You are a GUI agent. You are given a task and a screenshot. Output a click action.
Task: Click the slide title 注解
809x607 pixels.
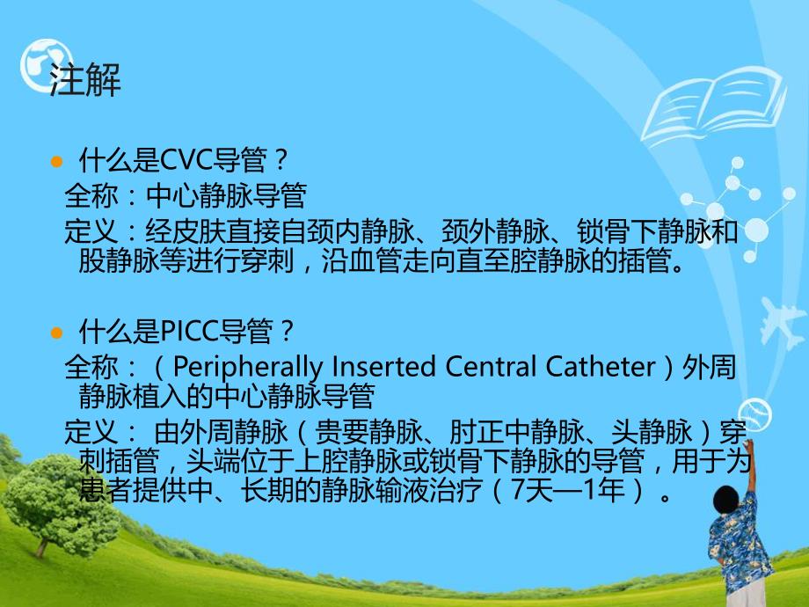click(85, 81)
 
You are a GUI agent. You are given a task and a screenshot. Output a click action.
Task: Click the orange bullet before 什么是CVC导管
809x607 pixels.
click(58, 163)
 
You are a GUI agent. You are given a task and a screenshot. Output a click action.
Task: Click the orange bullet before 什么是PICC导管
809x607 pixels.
click(58, 333)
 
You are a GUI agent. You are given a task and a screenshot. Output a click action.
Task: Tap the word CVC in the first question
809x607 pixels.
click(183, 161)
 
